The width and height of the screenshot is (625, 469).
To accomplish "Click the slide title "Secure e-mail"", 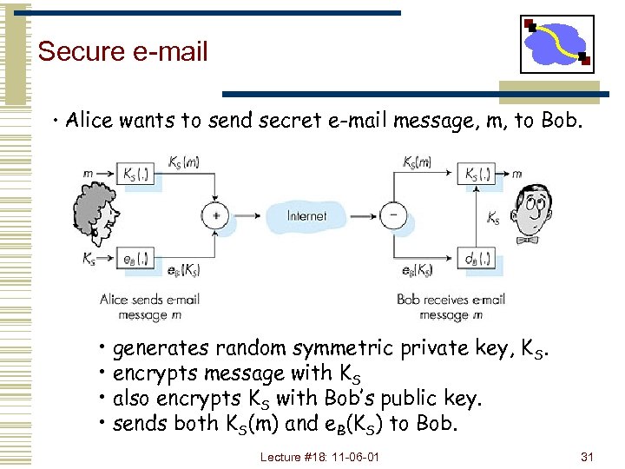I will click(x=123, y=51).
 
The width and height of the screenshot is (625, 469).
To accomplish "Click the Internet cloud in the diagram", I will click(x=306, y=215).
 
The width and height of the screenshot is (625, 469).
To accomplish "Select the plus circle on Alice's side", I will click(x=215, y=215).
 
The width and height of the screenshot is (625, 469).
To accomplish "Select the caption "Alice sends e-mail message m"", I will click(x=149, y=307).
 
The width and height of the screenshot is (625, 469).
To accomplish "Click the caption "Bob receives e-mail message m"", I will click(x=451, y=307).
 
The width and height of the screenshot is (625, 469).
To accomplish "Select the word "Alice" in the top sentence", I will click(x=90, y=121).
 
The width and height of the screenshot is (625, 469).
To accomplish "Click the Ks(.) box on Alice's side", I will click(x=137, y=175).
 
